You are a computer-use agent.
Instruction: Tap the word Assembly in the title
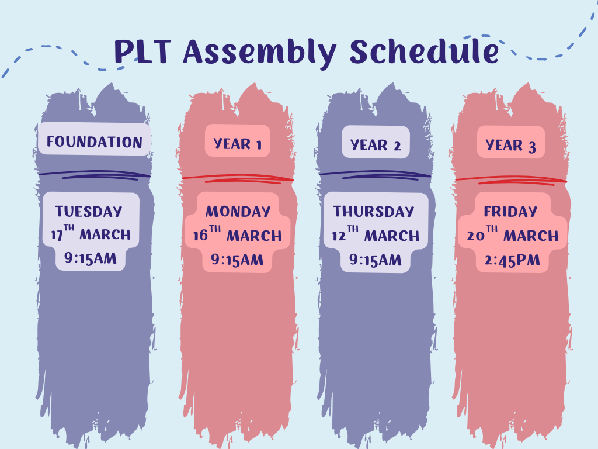[x=260, y=53]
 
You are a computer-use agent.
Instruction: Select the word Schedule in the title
[x=425, y=51]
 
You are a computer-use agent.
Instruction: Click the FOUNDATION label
[x=95, y=142]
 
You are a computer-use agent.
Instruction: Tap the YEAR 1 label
[x=238, y=144]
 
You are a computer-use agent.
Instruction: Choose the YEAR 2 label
[x=376, y=145]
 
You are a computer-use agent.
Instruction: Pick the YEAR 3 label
[x=510, y=145]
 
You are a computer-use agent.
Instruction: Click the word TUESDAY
[x=89, y=212]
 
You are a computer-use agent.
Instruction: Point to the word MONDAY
[x=238, y=212]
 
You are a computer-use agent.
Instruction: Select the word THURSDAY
[x=374, y=212]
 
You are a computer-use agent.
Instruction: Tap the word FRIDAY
[x=510, y=212]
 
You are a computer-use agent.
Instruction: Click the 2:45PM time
[x=512, y=260]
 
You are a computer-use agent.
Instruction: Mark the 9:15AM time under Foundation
[x=91, y=258]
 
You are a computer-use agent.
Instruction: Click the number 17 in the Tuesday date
[x=57, y=235]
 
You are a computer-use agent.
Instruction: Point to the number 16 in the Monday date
[x=200, y=236]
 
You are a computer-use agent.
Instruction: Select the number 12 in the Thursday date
[x=338, y=236]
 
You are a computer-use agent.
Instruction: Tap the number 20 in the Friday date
[x=475, y=236]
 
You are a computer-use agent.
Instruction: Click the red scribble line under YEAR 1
[x=238, y=179]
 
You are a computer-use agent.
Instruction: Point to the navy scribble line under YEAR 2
[x=375, y=175]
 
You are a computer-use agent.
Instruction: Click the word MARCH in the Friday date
[x=531, y=236]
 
